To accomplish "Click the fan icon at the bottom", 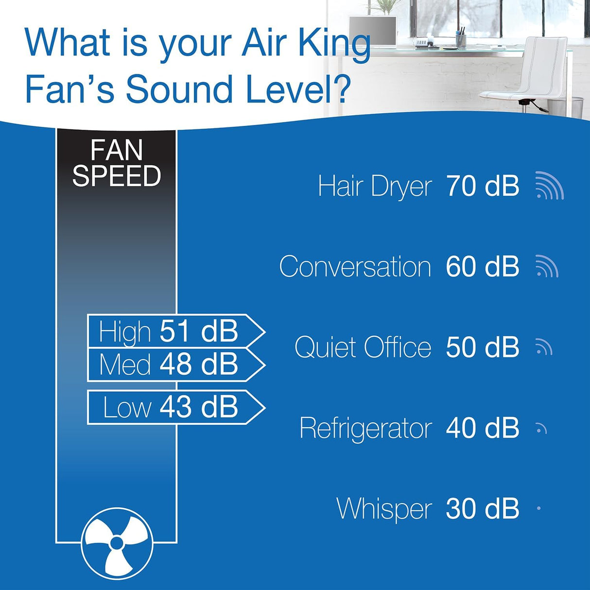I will pos(117,543).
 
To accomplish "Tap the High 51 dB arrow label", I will pos(175,331).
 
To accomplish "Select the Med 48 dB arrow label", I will pos(175,364).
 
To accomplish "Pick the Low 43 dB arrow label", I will pos(175,407).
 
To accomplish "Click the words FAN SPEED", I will pos(117,163).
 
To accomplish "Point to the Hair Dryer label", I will pos(374,186).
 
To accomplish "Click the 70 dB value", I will pos(482,186).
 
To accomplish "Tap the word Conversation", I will pos(355,267).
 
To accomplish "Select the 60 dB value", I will pos(482,266).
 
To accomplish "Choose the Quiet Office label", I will pos(363,347).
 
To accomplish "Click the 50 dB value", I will pos(482,347).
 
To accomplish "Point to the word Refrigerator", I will pos(365,428).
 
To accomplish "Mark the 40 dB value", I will pos(482,428).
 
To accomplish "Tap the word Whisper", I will pos(384,509).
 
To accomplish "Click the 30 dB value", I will pos(482,508).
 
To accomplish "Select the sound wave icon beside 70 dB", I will pos(549,186).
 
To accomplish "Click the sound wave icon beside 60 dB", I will pos(547,267).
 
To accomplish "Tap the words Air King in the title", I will pos(306,44).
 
